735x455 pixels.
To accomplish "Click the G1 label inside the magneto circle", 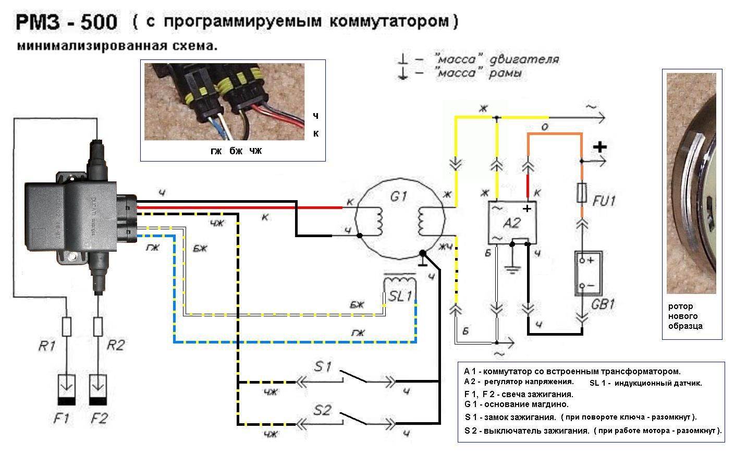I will coord(399,198).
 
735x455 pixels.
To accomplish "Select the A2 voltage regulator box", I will coord(512,223).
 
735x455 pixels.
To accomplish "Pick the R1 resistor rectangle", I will coord(67,327).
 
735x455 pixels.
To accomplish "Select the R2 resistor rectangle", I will coord(98,327).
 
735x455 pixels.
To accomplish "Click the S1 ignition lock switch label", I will coord(323,366).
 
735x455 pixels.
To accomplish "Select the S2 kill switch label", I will coord(323,410).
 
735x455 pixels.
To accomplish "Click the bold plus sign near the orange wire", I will coord(600,147).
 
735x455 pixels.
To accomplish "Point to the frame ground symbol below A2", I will coord(513,269).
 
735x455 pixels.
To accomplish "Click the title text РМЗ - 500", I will coord(67,22).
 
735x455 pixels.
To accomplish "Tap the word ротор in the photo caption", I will coord(680,306).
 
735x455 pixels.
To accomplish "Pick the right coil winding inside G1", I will coord(422,222).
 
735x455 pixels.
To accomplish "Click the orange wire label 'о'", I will coord(545,127).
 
